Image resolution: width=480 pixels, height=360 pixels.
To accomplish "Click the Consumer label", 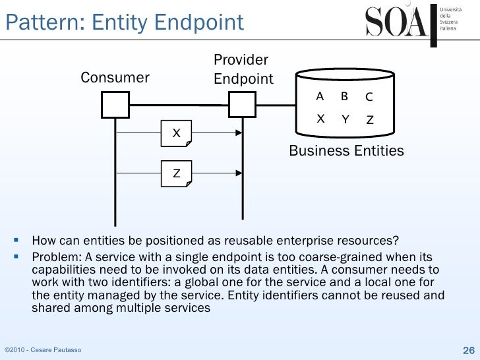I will [x=115, y=78].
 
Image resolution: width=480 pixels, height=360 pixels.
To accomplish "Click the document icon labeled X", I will [x=177, y=134].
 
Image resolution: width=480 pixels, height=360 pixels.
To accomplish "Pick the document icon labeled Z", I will [x=177, y=173].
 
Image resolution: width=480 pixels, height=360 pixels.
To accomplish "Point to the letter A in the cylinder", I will [x=320, y=96].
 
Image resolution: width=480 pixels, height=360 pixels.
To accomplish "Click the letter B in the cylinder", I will [x=344, y=96].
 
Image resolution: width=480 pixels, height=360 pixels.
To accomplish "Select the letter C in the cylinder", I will [x=369, y=98].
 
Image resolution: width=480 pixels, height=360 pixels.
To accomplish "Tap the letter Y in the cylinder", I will [x=345, y=119].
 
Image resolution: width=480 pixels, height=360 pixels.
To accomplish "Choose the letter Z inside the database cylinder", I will [x=370, y=121].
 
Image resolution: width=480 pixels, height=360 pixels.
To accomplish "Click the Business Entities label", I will [x=346, y=151].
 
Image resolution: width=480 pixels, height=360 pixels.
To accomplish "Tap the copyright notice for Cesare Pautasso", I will [x=43, y=349].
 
